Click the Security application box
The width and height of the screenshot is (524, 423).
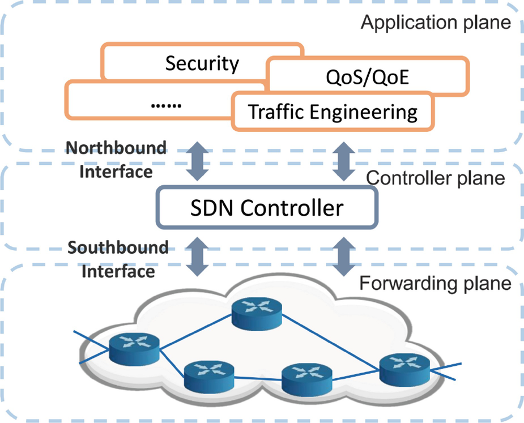pos(202,63)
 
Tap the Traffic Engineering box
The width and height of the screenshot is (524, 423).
pos(333,112)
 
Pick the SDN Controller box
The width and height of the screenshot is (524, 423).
pos(266,208)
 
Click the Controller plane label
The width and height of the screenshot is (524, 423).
pos(435,178)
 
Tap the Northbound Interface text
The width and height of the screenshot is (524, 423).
pos(117,160)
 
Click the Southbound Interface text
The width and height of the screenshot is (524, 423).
pos(118,259)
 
